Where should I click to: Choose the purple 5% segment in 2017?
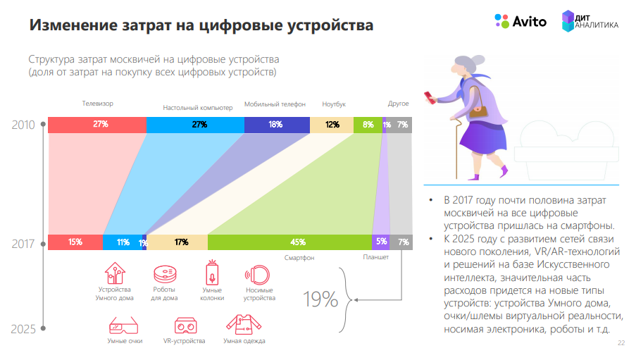[380, 242]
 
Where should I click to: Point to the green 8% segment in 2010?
[367, 125]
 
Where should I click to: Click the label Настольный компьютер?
[197, 108]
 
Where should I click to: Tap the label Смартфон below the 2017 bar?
[299, 259]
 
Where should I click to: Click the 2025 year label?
[23, 329]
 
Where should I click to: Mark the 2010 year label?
[23, 125]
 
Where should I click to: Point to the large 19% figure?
[321, 299]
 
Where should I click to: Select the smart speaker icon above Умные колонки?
[212, 273]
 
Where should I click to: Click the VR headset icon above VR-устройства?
[185, 326]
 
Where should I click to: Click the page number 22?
[621, 343]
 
